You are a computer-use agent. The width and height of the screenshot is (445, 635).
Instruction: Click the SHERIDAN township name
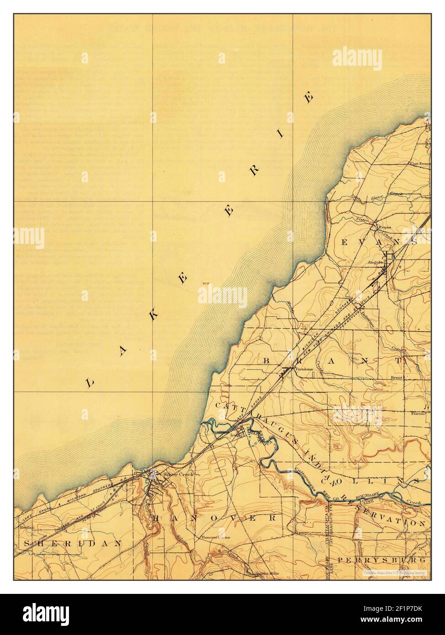pyautogui.click(x=73, y=543)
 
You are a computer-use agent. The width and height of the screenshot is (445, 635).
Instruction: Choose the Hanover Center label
pyautogui.click(x=214, y=538)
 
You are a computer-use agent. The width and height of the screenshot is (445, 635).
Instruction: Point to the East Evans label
pyautogui.click(x=420, y=164)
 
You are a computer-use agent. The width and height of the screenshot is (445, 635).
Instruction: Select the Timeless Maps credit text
pyautogui.click(x=394, y=572)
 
